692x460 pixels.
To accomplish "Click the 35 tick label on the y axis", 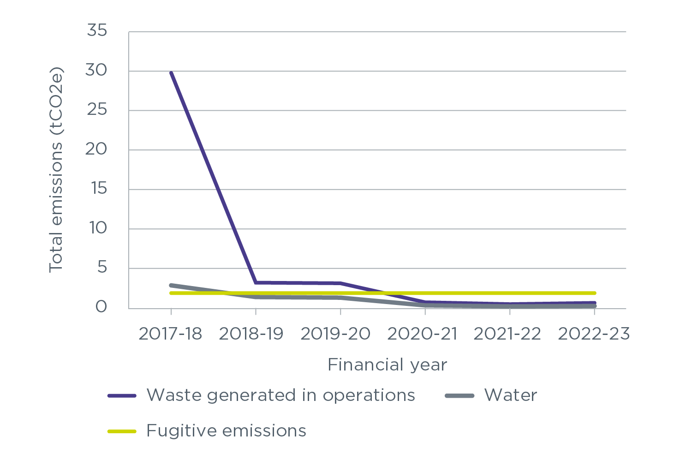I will (x=96, y=31).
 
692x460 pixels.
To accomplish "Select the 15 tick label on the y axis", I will (x=96, y=189).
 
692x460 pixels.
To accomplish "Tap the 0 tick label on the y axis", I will (x=101, y=307).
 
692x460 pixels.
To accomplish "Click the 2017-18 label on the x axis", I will (x=170, y=334).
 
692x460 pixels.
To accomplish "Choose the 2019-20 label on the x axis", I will (x=335, y=334).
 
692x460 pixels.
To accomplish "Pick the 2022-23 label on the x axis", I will (x=594, y=334).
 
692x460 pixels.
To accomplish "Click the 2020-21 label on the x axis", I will (x=423, y=334).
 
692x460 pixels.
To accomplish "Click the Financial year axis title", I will (x=387, y=365).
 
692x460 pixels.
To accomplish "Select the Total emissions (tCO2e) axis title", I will (x=56, y=170).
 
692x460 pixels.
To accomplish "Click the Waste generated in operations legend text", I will (x=281, y=395).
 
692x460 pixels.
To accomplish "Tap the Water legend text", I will (x=511, y=395).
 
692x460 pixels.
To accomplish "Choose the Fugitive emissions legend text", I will (x=226, y=431).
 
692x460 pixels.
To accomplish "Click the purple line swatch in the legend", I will (x=122, y=396).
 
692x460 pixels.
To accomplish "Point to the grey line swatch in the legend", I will (x=459, y=396).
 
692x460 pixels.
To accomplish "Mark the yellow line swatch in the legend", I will (x=122, y=431).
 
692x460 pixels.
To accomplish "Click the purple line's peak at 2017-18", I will (x=171, y=73).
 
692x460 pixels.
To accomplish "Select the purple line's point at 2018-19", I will (x=256, y=282).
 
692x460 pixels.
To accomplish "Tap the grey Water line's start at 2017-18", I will (x=171, y=285).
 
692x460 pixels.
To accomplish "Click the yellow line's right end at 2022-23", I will (x=594, y=293).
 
